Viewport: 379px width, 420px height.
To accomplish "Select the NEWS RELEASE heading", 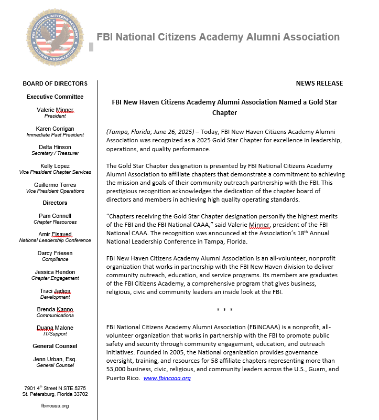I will [x=319, y=83].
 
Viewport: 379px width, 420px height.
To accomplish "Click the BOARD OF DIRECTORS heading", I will [x=55, y=83].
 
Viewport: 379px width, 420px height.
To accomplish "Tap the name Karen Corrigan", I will [x=55, y=129].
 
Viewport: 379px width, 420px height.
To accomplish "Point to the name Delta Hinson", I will [x=55, y=148].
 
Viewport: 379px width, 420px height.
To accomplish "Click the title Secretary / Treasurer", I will [x=55, y=154].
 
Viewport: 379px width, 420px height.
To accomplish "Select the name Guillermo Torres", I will [x=55, y=185].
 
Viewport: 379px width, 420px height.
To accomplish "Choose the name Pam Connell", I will [x=55, y=216].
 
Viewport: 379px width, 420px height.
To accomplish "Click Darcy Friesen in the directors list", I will [x=55, y=253].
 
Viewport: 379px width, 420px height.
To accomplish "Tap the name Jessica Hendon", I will [x=55, y=272].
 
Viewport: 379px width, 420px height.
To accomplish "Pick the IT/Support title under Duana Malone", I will [x=55, y=334].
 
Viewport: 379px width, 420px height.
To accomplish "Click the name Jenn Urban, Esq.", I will [x=55, y=359].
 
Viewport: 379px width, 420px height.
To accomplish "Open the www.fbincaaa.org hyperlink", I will [x=167, y=378].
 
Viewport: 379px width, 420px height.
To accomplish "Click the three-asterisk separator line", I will [x=224, y=310].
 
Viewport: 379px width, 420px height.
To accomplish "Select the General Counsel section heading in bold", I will [x=55, y=346].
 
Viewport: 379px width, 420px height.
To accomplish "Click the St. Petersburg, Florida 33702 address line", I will [x=55, y=394].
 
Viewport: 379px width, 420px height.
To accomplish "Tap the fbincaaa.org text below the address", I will [x=55, y=406].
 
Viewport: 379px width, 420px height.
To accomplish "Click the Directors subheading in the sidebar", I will [x=55, y=203].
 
